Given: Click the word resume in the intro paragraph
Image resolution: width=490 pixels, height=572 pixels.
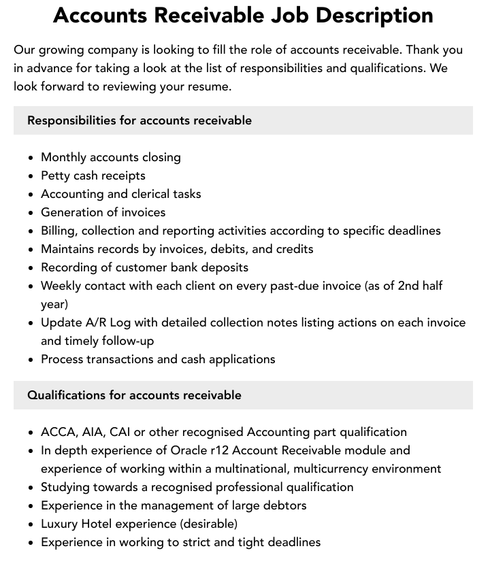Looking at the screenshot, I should pos(211,86).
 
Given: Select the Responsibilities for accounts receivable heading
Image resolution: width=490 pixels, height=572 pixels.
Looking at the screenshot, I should pos(140,120).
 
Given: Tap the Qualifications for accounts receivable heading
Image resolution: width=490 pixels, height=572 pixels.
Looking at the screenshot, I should pos(134,395).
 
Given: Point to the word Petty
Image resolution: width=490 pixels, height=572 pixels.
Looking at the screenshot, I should pos(55,175).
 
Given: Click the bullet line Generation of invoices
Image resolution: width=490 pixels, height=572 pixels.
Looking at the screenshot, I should pos(103,212).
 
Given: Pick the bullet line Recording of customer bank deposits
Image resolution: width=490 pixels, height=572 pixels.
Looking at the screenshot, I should pos(144,267).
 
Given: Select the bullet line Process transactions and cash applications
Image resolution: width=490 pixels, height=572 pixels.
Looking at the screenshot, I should pos(158,359).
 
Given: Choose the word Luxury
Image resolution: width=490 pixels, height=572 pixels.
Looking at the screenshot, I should pos(59,524).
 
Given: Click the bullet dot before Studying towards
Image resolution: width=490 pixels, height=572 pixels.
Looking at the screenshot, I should pos(31,488).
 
